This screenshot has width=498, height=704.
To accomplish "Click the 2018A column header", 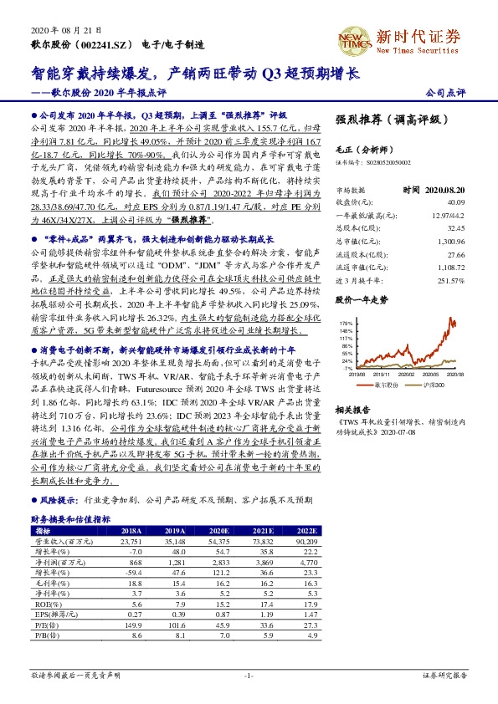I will pos(131,530).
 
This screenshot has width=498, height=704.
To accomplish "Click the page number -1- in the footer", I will pos(249,674).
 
